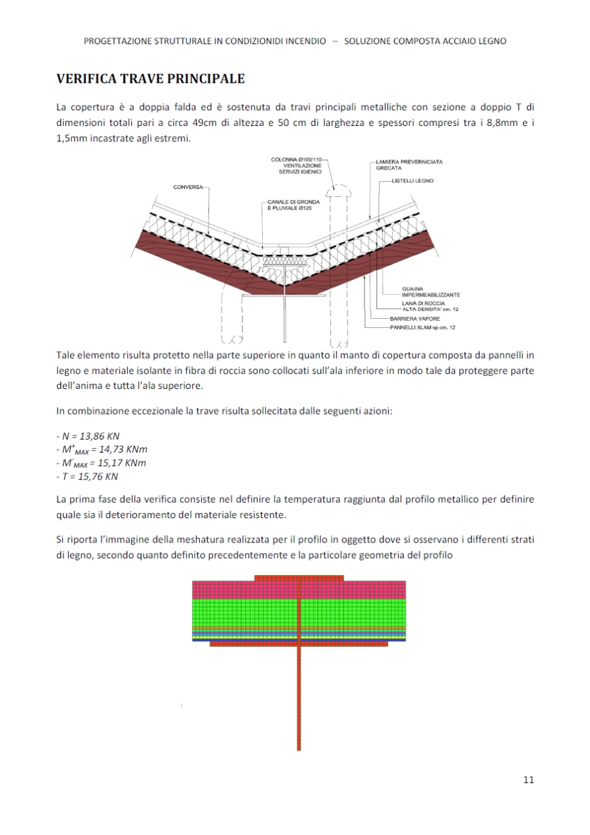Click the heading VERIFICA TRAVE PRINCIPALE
coord(151,79)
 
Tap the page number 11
coord(529,779)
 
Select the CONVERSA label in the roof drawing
coord(187,188)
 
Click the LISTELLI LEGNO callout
coord(412,180)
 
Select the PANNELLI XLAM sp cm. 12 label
coord(423,327)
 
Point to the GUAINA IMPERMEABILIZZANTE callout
coord(425,292)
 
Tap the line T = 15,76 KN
coord(88,477)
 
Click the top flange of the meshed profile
coord(299,578)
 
